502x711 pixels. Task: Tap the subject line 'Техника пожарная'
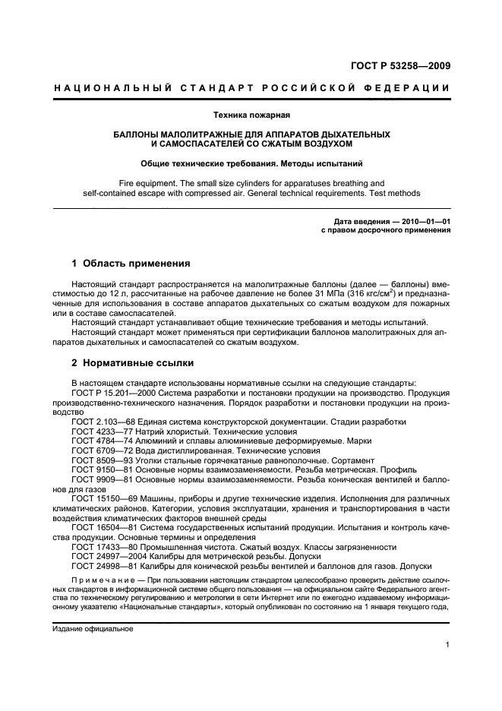251,115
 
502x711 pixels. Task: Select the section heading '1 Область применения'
130,264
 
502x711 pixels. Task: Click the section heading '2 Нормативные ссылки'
132,362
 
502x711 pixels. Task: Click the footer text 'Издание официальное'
92,629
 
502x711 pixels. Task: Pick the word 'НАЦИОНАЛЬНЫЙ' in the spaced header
106,88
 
